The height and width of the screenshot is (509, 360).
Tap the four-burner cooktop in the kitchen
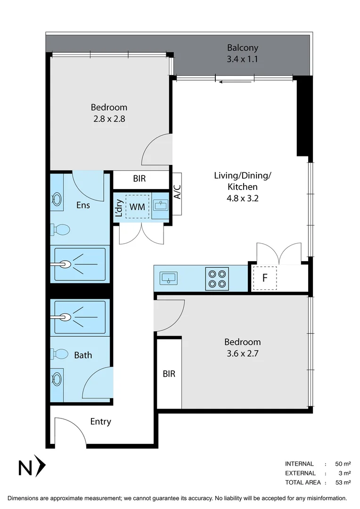217,279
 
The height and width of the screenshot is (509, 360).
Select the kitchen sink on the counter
168,278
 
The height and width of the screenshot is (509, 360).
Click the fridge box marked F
264,278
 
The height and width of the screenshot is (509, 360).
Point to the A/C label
177,193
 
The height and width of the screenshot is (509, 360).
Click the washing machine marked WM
137,206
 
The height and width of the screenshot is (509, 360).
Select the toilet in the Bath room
60,353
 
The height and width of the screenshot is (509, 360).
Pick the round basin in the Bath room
57,378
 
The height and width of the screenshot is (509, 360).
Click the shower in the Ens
80,264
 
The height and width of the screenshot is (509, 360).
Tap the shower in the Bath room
80,317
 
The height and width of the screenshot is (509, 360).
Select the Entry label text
100,421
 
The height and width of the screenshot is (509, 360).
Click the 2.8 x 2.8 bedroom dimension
109,119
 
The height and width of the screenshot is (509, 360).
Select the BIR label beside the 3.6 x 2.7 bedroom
169,374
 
